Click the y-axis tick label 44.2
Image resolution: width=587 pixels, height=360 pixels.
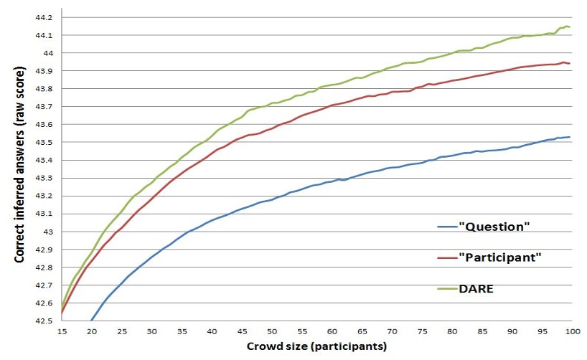tap(44, 17)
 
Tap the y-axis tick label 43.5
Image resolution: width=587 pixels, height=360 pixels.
tap(44, 142)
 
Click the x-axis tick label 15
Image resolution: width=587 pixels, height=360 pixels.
tap(62, 331)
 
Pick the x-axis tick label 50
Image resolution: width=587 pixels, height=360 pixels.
tap(271, 331)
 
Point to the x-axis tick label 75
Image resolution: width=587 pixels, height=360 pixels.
tap(421, 331)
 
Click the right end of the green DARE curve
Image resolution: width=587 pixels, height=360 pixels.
tap(570, 27)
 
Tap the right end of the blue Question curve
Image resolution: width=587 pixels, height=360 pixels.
tap(570, 137)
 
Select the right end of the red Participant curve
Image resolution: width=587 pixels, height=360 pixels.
tap(570, 64)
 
